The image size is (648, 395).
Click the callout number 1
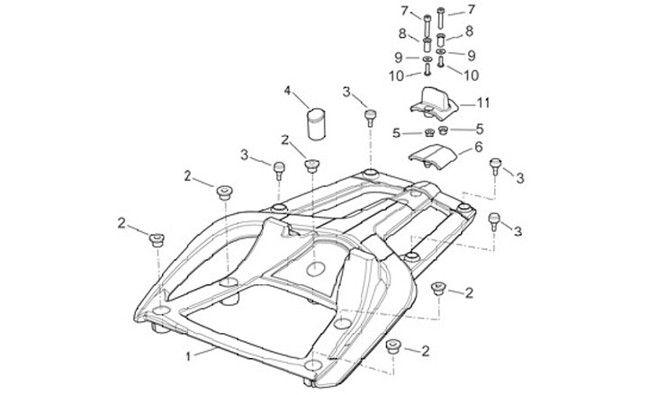click(188, 356)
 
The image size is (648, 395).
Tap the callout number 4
click(288, 91)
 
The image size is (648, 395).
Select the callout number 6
click(478, 147)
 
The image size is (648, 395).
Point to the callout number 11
click(483, 102)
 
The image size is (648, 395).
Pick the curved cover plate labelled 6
click(433, 157)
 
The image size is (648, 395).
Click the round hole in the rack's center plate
click(315, 268)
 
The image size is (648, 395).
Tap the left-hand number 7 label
click(404, 10)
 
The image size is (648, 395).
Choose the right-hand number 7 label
click(471, 10)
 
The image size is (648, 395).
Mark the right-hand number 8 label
click(469, 31)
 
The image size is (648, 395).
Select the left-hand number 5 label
click(395, 134)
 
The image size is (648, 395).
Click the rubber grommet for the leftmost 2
click(157, 238)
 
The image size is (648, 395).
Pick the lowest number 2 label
click(425, 350)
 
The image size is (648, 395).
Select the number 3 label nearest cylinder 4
click(346, 91)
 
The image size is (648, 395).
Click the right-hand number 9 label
click(471, 55)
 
